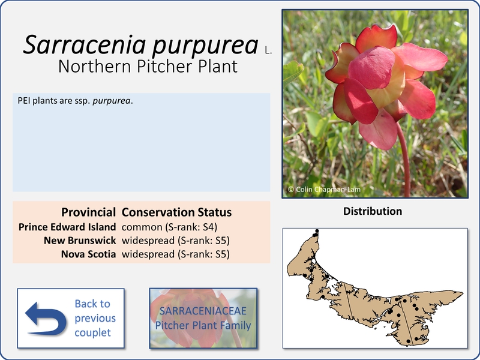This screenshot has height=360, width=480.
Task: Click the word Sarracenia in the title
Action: pyautogui.click(x=84, y=44)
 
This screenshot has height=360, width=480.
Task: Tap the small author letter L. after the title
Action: pyautogui.click(x=268, y=51)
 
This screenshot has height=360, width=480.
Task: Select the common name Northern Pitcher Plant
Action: pyautogui.click(x=148, y=67)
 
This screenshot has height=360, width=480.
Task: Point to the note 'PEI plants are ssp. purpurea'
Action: pyautogui.click(x=75, y=101)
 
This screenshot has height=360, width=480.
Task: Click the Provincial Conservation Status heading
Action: pyautogui.click(x=146, y=212)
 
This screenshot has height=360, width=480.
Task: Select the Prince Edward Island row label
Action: pyautogui.click(x=67, y=227)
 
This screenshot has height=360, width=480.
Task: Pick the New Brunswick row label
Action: pyautogui.click(x=80, y=241)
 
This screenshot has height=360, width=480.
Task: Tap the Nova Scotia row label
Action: pyautogui.click(x=88, y=254)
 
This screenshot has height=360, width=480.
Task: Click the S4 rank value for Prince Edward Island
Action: pyautogui.click(x=208, y=227)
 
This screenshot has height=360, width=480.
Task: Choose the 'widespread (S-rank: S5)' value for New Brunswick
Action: pyautogui.click(x=176, y=241)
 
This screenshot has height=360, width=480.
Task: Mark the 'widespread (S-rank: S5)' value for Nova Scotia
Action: pyautogui.click(x=176, y=254)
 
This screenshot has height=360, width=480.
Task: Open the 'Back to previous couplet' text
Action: pyautogui.click(x=95, y=318)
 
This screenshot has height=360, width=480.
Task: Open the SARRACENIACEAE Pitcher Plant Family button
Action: pyautogui.click(x=203, y=318)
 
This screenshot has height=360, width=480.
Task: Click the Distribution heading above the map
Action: pyautogui.click(x=373, y=211)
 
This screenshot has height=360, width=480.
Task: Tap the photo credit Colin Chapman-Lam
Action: pyautogui.click(x=324, y=190)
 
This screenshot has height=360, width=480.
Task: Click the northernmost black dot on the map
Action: pyautogui.click(x=317, y=231)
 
